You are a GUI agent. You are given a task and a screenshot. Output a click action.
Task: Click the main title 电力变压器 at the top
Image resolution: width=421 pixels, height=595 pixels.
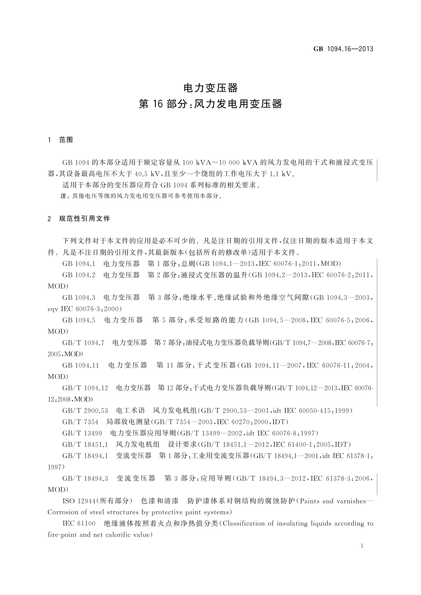[x=210, y=87]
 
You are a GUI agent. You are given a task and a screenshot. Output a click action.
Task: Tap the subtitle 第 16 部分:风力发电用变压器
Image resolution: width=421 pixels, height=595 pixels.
[x=210, y=104]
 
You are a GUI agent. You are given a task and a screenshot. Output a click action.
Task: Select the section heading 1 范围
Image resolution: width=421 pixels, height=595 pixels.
[x=60, y=140]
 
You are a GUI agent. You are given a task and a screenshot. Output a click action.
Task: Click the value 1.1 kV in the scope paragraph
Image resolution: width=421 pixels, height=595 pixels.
[x=281, y=174]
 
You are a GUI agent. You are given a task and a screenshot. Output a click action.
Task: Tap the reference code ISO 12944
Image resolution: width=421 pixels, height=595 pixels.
[x=78, y=501]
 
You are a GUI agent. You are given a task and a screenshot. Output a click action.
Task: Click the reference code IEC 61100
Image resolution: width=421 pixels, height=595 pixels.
[x=79, y=524]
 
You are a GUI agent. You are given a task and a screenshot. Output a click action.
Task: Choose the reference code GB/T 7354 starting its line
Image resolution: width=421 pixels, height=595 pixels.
[x=80, y=422]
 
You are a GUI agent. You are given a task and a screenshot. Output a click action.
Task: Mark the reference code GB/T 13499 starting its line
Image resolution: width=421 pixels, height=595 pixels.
[x=82, y=433]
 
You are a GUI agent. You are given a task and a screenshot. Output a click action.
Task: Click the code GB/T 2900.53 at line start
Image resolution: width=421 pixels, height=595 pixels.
[x=85, y=411]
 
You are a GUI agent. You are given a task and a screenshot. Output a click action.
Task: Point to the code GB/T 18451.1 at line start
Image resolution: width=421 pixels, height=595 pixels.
[x=85, y=444]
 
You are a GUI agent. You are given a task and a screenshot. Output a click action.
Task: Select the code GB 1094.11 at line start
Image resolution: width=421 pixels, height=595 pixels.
[x=81, y=365]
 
